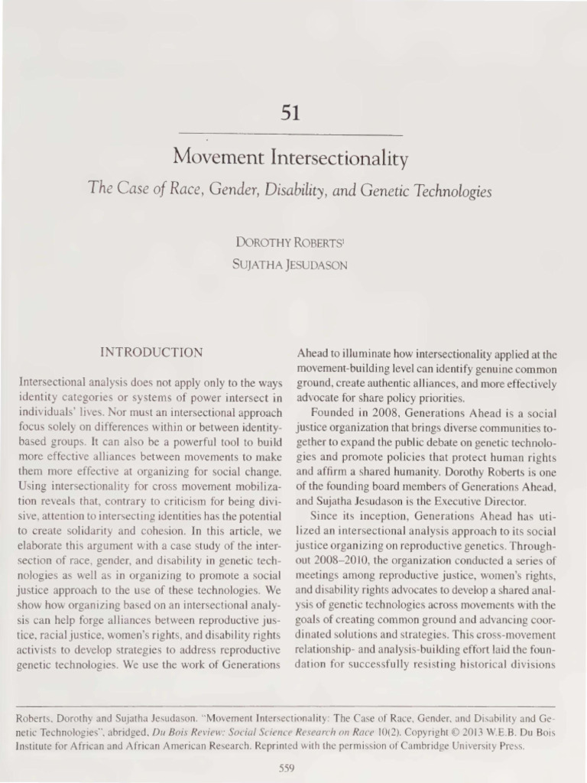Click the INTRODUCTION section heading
point(152,353)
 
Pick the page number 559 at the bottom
point(287,768)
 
